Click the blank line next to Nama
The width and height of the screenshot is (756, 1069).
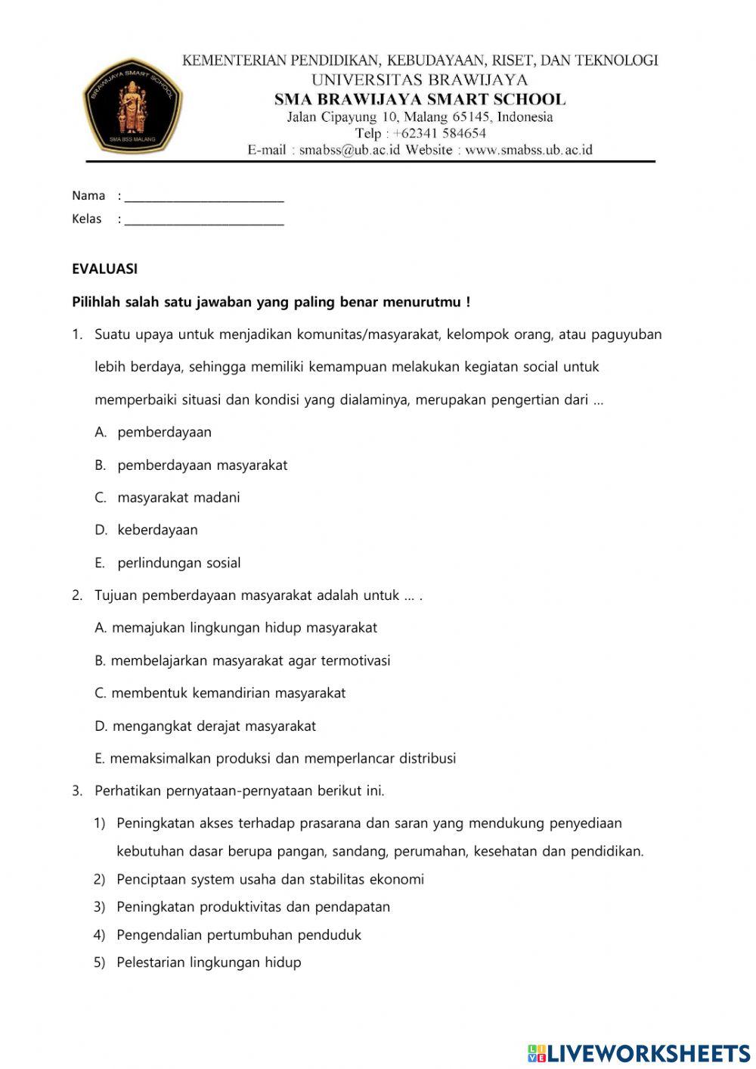pyautogui.click(x=204, y=197)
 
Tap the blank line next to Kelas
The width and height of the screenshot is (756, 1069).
pyautogui.click(x=204, y=220)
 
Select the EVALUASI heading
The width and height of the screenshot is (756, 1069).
pyautogui.click(x=104, y=269)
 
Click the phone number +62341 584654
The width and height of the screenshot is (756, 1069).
pyautogui.click(x=439, y=133)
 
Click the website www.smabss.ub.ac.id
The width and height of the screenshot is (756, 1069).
pyautogui.click(x=528, y=150)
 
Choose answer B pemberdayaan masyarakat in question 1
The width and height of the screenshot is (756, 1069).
pyautogui.click(x=202, y=465)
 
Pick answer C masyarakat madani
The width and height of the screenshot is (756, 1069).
pyautogui.click(x=178, y=498)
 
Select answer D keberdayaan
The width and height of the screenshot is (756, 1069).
pyautogui.click(x=157, y=530)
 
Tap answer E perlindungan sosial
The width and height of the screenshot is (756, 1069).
pyautogui.click(x=179, y=563)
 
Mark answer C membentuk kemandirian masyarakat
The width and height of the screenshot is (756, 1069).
pyautogui.click(x=228, y=693)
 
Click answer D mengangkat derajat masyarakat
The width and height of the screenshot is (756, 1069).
pyautogui.click(x=214, y=726)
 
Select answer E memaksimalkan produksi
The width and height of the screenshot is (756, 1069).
pyautogui.click(x=282, y=759)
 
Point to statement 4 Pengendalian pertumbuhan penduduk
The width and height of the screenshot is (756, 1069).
pyautogui.click(x=239, y=935)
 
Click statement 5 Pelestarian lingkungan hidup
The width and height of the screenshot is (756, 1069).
pyautogui.click(x=209, y=963)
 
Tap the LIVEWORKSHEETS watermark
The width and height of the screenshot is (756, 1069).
pyautogui.click(x=639, y=1052)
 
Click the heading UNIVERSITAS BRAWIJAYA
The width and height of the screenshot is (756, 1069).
pyautogui.click(x=420, y=79)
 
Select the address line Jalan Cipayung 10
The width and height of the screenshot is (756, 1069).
pyautogui.click(x=420, y=117)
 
